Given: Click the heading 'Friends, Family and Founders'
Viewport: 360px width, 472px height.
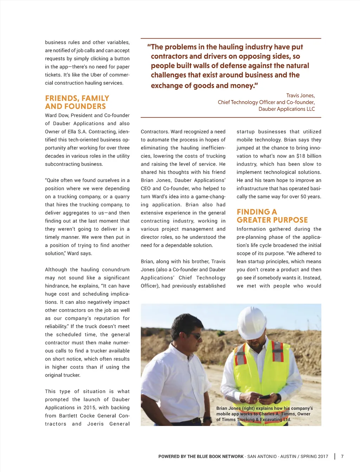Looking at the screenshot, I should point(77,102).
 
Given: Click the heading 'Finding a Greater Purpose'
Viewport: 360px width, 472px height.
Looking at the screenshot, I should point(272,216).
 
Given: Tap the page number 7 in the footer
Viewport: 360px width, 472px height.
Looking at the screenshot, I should point(342,457).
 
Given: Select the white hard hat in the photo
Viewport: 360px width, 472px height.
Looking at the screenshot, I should point(252,322).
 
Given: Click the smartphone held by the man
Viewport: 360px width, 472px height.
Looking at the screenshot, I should point(264,396).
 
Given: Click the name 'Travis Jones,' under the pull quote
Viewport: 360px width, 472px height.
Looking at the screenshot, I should point(300,96).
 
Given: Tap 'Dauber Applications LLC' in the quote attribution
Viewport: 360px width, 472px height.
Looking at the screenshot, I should point(287,109).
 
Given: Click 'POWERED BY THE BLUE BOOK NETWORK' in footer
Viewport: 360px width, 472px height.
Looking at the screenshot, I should point(201,457).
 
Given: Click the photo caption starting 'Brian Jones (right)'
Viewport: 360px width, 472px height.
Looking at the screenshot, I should point(264,414).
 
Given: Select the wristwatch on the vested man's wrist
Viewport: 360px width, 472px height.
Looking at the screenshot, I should point(278,398).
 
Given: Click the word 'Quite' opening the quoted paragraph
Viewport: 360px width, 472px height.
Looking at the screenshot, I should point(53,180).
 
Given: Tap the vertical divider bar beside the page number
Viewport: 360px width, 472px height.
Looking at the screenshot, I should point(335,457).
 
